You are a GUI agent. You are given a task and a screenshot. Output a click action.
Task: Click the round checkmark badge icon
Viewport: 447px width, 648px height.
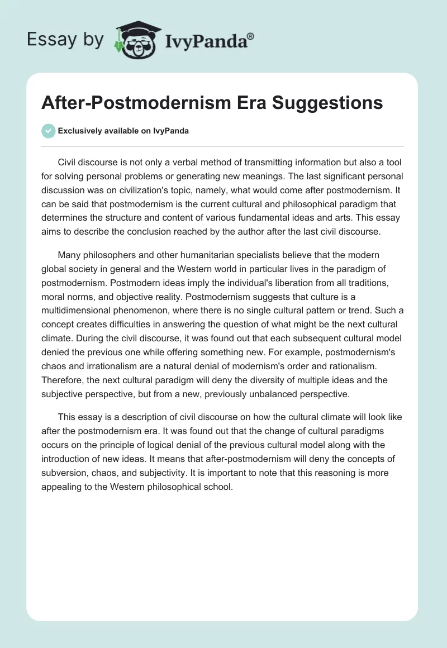point(48,131)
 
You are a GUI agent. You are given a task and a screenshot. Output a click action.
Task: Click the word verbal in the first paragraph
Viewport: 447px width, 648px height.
point(199,163)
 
